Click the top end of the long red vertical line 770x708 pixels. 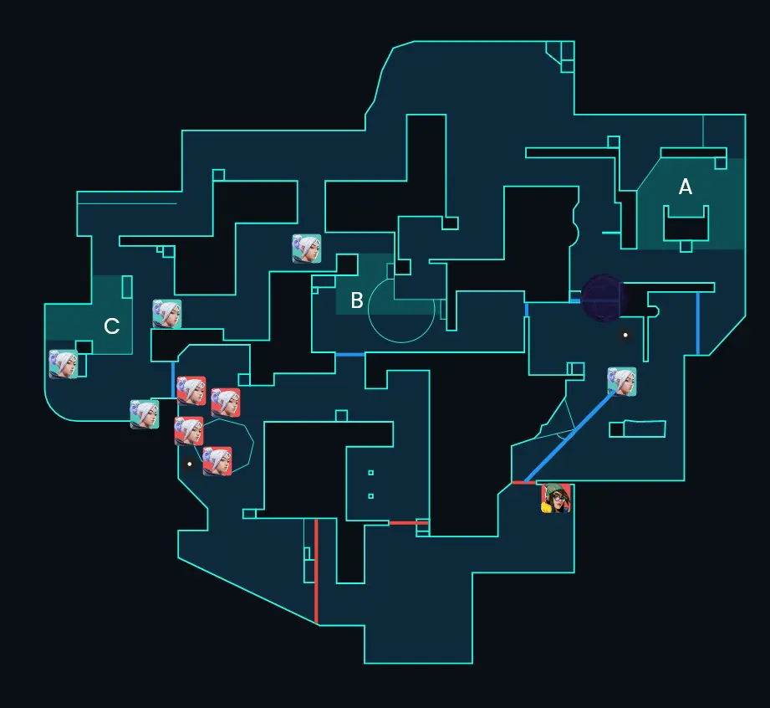(x=316, y=519)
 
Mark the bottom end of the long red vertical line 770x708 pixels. (x=316, y=623)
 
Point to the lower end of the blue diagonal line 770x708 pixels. (x=525, y=482)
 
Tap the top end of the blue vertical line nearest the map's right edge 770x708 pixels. (x=698, y=293)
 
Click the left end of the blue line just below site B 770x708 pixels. (x=336, y=355)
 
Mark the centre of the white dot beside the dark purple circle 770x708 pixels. (x=625, y=335)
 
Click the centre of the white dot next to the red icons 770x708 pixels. (x=190, y=464)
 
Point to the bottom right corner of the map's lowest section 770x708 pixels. (x=472, y=664)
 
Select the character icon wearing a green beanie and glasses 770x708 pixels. (x=556, y=498)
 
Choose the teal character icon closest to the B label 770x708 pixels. (x=307, y=249)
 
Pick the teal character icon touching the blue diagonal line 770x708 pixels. (x=622, y=382)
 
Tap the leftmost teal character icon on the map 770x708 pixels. (x=64, y=364)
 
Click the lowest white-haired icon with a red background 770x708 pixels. (x=217, y=461)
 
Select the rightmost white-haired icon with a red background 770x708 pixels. (x=226, y=403)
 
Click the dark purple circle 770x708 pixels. (x=604, y=299)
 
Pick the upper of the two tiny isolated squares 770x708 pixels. (x=370, y=473)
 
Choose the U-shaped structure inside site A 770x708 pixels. (x=686, y=223)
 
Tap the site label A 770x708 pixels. (x=686, y=187)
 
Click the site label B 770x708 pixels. (x=357, y=300)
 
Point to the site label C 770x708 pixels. (x=112, y=326)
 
